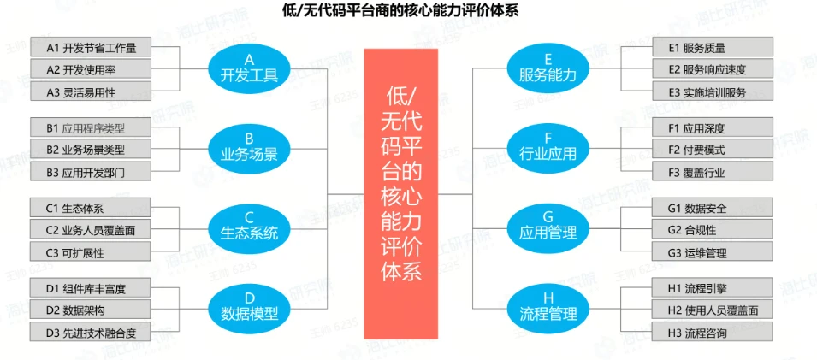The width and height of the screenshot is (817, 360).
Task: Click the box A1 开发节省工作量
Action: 94,47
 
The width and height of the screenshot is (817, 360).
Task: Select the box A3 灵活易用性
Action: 94,91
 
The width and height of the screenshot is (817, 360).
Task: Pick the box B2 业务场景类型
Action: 94,150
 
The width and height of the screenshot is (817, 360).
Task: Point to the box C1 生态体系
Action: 94,208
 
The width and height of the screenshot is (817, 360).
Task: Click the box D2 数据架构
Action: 94,310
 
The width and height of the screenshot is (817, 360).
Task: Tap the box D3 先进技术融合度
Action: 94,332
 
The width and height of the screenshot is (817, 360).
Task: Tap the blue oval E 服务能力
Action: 548,68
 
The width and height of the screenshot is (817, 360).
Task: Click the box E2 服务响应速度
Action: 708,69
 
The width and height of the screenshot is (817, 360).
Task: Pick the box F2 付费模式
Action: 708,150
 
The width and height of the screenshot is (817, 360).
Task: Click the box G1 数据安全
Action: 708,208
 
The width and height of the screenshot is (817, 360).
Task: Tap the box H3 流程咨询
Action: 708,332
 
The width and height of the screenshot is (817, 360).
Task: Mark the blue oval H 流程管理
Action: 548,305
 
